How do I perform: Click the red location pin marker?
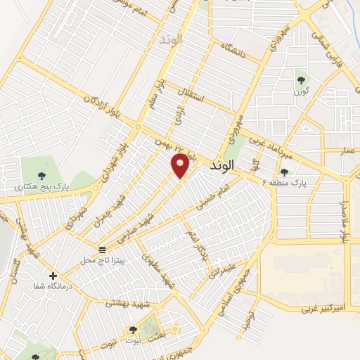[181, 166]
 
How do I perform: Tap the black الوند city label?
[225, 167]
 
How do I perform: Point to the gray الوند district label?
[171, 40]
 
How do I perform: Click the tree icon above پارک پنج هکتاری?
[34, 175]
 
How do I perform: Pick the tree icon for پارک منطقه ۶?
[284, 172]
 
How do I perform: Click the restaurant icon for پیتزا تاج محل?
[103, 249]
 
